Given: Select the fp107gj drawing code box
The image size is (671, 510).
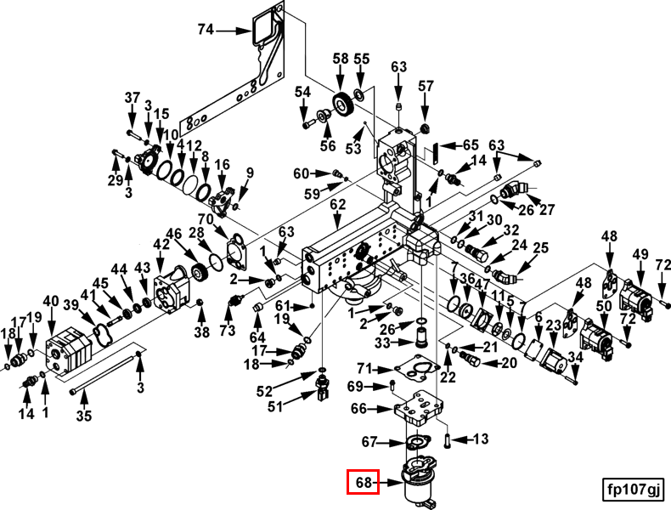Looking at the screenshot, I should (x=632, y=489).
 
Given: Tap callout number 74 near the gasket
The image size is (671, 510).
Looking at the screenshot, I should (x=205, y=30).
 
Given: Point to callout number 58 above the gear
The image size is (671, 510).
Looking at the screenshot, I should (x=341, y=59).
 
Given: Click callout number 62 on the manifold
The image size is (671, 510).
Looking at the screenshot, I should (x=338, y=205).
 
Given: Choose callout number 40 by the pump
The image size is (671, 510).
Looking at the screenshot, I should (x=51, y=301).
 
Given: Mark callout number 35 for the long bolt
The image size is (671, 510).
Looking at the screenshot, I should (x=83, y=416).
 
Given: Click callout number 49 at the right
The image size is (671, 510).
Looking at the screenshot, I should (x=640, y=254).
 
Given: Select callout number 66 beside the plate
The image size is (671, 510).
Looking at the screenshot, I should (x=358, y=409).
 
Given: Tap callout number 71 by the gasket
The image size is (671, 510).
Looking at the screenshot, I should (x=364, y=368).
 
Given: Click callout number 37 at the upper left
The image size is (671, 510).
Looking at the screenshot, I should (x=132, y=98).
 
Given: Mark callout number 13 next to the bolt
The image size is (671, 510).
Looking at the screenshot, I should (x=480, y=439).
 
